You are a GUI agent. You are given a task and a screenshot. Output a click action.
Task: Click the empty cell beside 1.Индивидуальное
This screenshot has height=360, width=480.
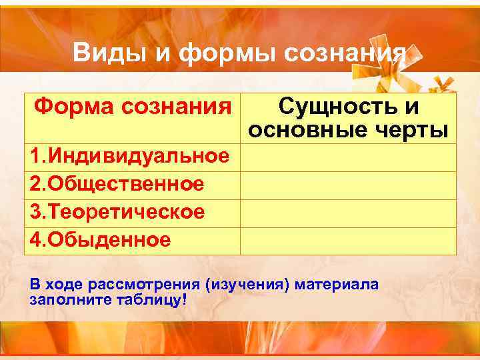point(348,157)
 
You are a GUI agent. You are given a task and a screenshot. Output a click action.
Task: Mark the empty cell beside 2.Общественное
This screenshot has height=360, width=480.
point(348,185)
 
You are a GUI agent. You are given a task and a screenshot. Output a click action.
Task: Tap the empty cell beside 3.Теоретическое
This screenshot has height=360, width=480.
point(348,213)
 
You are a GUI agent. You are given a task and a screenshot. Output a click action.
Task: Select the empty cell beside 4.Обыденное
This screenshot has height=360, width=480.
point(348,241)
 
